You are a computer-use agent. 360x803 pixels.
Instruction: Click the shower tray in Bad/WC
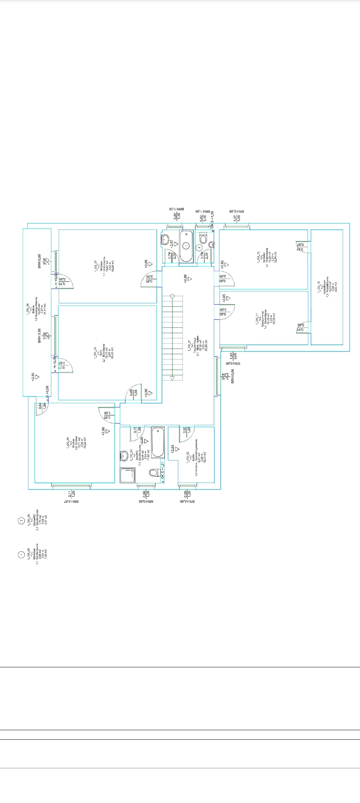pos(128,475)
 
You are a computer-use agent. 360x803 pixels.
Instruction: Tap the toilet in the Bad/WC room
pos(154,472)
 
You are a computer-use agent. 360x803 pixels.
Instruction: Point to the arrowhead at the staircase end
pos(172,378)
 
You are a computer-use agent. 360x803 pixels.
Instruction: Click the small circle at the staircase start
pos(172,296)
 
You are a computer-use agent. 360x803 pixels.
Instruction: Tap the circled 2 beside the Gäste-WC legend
pos(21,521)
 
